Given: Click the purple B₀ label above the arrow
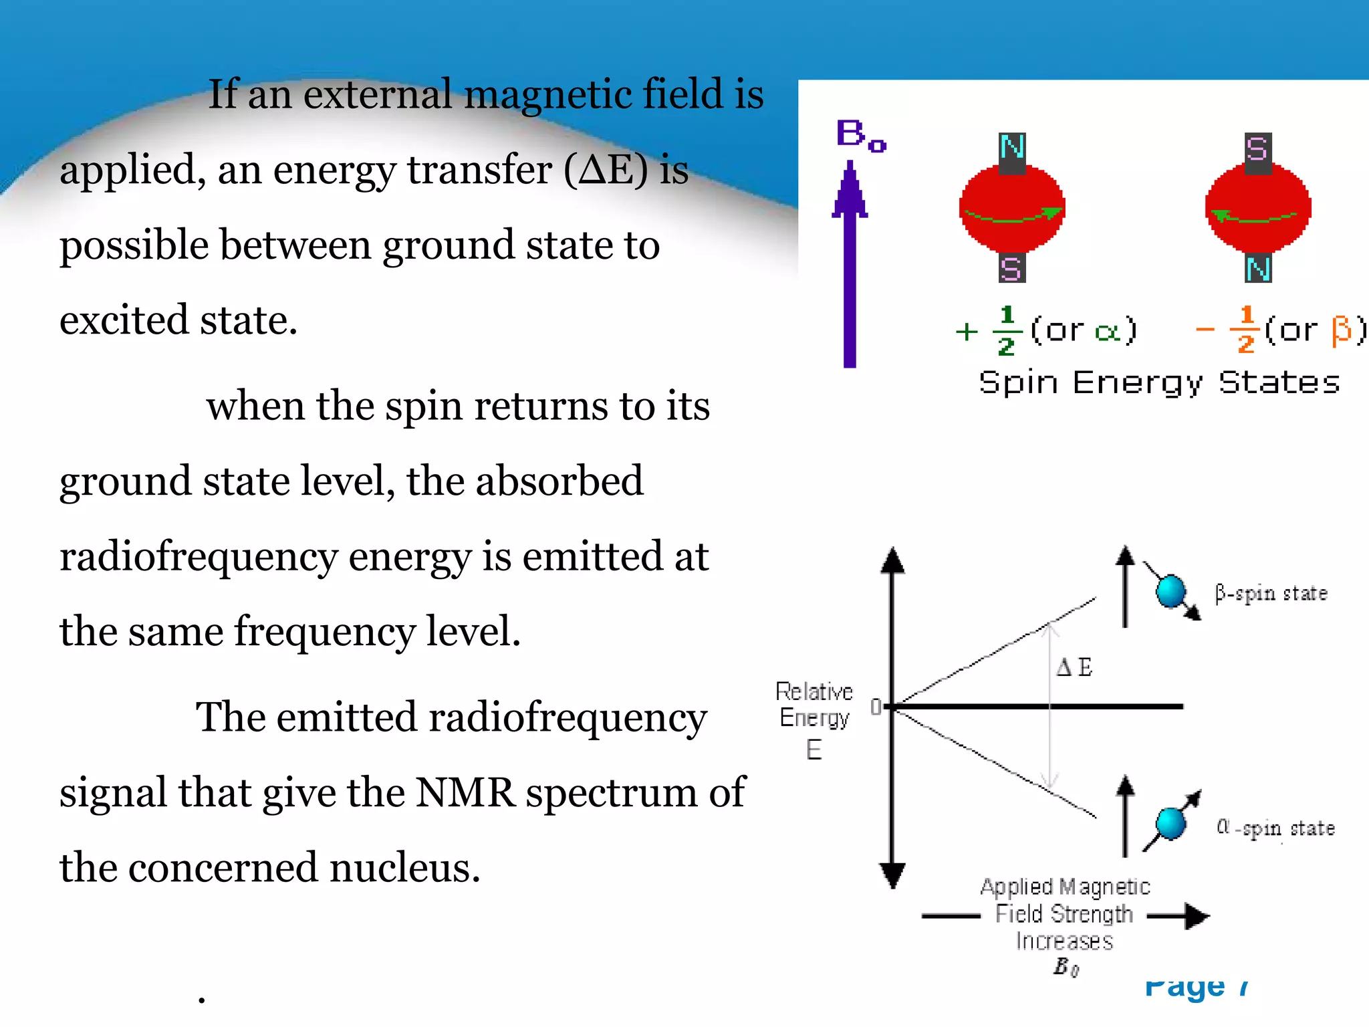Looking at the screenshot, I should click(x=860, y=136).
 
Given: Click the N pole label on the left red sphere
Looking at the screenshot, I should click(x=1012, y=148).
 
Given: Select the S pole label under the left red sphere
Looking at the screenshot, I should click(x=1011, y=269).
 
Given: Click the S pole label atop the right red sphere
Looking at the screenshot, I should click(x=1257, y=148).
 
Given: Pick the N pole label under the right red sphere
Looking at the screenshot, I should click(x=1257, y=269).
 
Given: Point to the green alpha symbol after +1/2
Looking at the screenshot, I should click(x=1108, y=331).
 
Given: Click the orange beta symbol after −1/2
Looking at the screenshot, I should click(x=1341, y=330).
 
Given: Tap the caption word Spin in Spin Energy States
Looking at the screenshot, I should click(x=1018, y=383).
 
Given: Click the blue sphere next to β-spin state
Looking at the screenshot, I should click(x=1170, y=591).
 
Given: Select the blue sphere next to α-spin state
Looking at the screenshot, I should click(x=1170, y=823).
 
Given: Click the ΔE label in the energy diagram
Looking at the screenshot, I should click(x=1074, y=667).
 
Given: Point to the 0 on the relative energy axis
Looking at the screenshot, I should click(x=876, y=707).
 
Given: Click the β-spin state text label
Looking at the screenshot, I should click(x=1271, y=593).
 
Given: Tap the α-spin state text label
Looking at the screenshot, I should click(x=1275, y=828).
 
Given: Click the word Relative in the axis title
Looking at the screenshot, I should click(x=814, y=691).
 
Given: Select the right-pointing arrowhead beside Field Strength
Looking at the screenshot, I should click(x=1197, y=915).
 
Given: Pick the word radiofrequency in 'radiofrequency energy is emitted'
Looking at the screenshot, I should click(x=198, y=557).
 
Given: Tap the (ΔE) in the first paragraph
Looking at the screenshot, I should click(x=606, y=170).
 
